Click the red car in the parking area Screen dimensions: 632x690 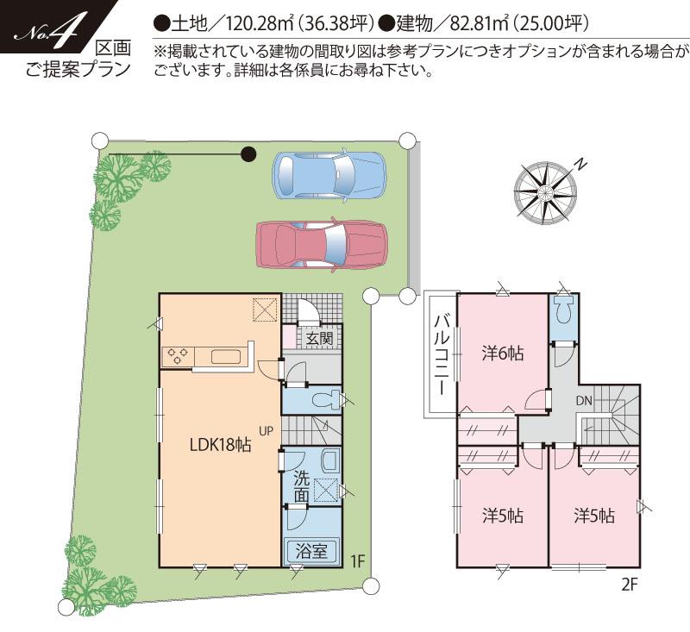[x=320, y=242]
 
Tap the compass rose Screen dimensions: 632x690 [x=544, y=188]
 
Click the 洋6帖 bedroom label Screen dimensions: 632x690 [x=504, y=353]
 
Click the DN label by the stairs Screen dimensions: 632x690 [x=584, y=400]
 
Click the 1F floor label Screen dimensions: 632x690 [x=358, y=561]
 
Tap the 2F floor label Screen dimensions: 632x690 [x=629, y=585]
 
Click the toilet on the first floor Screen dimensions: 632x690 [x=326, y=399]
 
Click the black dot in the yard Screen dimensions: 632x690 [x=248, y=154]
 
